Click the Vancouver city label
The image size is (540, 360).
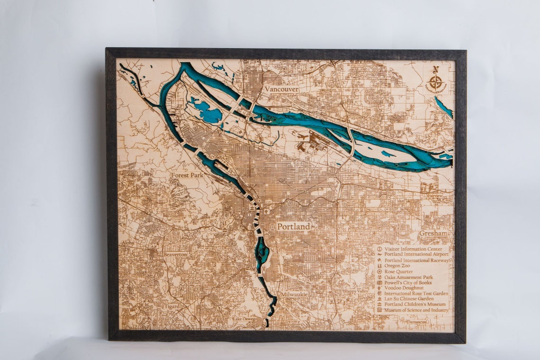point(281,89)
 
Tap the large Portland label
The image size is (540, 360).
point(294,226)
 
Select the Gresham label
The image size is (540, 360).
point(433,234)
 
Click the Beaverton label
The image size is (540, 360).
point(175,254)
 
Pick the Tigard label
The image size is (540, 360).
point(172,306)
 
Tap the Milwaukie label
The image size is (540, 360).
point(294,294)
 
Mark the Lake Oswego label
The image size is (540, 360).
point(244,319)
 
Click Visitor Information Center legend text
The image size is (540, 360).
point(414,249)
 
